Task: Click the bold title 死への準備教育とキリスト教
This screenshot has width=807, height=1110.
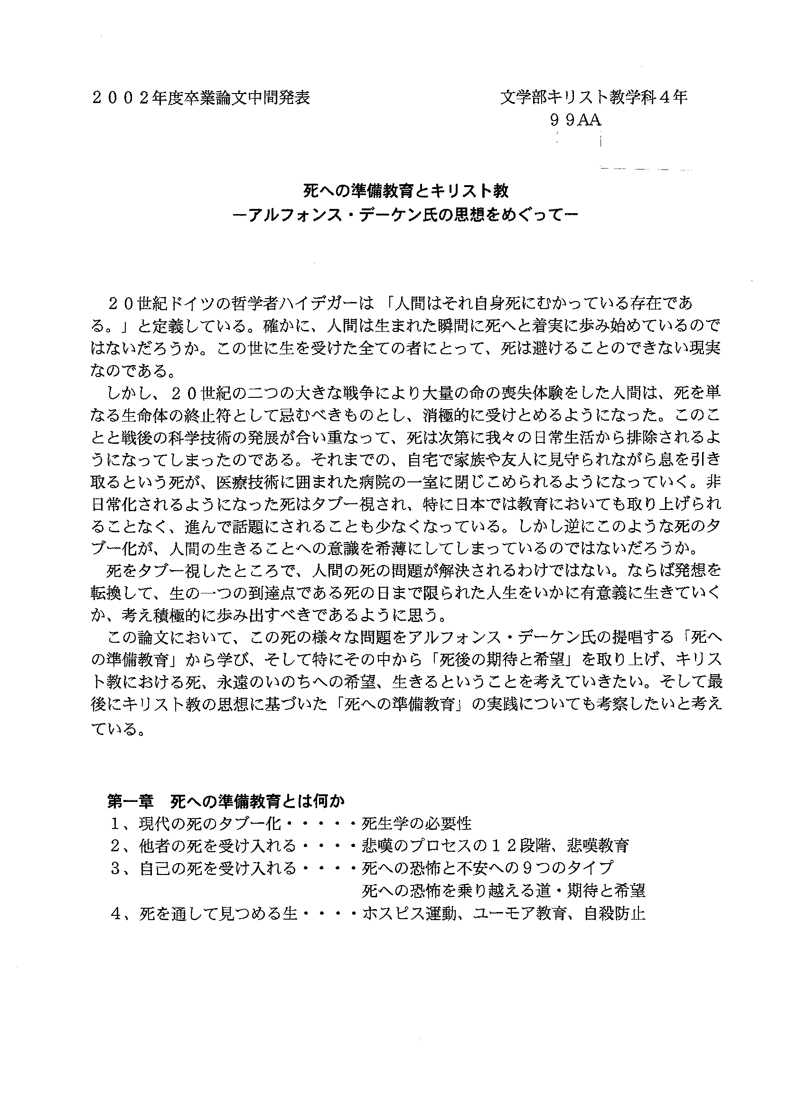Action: [x=406, y=191]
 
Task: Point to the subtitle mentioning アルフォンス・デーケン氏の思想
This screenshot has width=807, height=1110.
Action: [x=406, y=216]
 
